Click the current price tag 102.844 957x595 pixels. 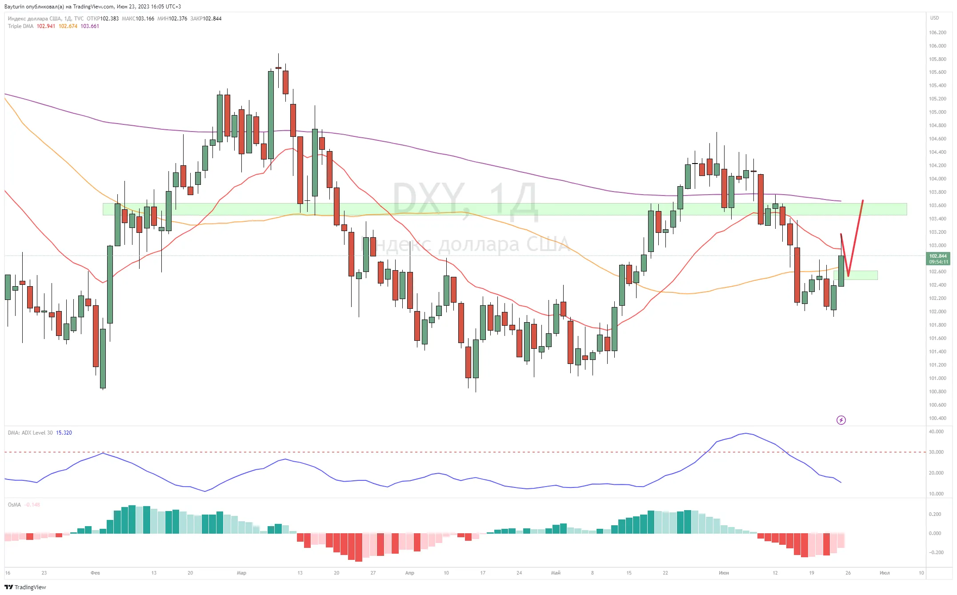pos(938,256)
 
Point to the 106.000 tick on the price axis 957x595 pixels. pos(937,46)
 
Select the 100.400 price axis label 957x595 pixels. pos(937,418)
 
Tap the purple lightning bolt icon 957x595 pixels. pos(841,420)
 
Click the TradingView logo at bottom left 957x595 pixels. pos(25,587)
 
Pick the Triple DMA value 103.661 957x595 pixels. pos(90,26)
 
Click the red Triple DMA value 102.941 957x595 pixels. pos(46,26)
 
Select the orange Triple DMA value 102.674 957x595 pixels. pos(68,26)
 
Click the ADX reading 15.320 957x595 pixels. pos(64,433)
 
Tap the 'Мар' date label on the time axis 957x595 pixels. pos(241,573)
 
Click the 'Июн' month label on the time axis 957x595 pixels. pos(724,573)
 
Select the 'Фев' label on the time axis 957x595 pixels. pos(95,573)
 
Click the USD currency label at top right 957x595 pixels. pos(935,18)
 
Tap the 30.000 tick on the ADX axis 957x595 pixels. pos(936,452)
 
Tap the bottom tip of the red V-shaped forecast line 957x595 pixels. pos(848,276)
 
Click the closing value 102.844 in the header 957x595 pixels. pos(212,19)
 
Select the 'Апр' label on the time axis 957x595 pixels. pos(409,573)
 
